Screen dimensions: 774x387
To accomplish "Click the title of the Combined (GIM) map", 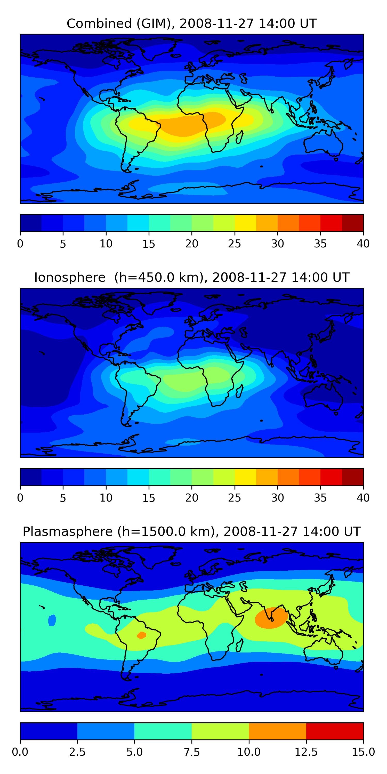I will pos(191,23).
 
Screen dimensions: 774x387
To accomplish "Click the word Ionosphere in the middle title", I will pos(70,277).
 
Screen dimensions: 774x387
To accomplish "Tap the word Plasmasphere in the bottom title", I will pos(68,531).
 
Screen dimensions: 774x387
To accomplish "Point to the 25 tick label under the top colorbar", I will pos(234,244).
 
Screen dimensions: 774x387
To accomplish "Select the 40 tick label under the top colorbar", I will pos(363,244).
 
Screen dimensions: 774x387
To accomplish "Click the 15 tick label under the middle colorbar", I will pos(149,498).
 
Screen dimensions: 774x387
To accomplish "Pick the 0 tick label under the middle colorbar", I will pos(20,498).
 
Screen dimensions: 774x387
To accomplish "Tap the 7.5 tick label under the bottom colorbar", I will pos(192,752).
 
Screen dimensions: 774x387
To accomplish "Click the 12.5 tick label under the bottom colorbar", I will pos(306,752).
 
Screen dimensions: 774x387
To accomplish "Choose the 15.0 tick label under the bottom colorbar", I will pos(363,752).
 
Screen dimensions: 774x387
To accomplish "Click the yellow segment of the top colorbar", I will pos(245,223).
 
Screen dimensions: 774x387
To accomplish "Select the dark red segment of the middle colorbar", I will pos(353,477).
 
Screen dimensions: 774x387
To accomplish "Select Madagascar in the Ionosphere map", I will pos(240,391).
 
